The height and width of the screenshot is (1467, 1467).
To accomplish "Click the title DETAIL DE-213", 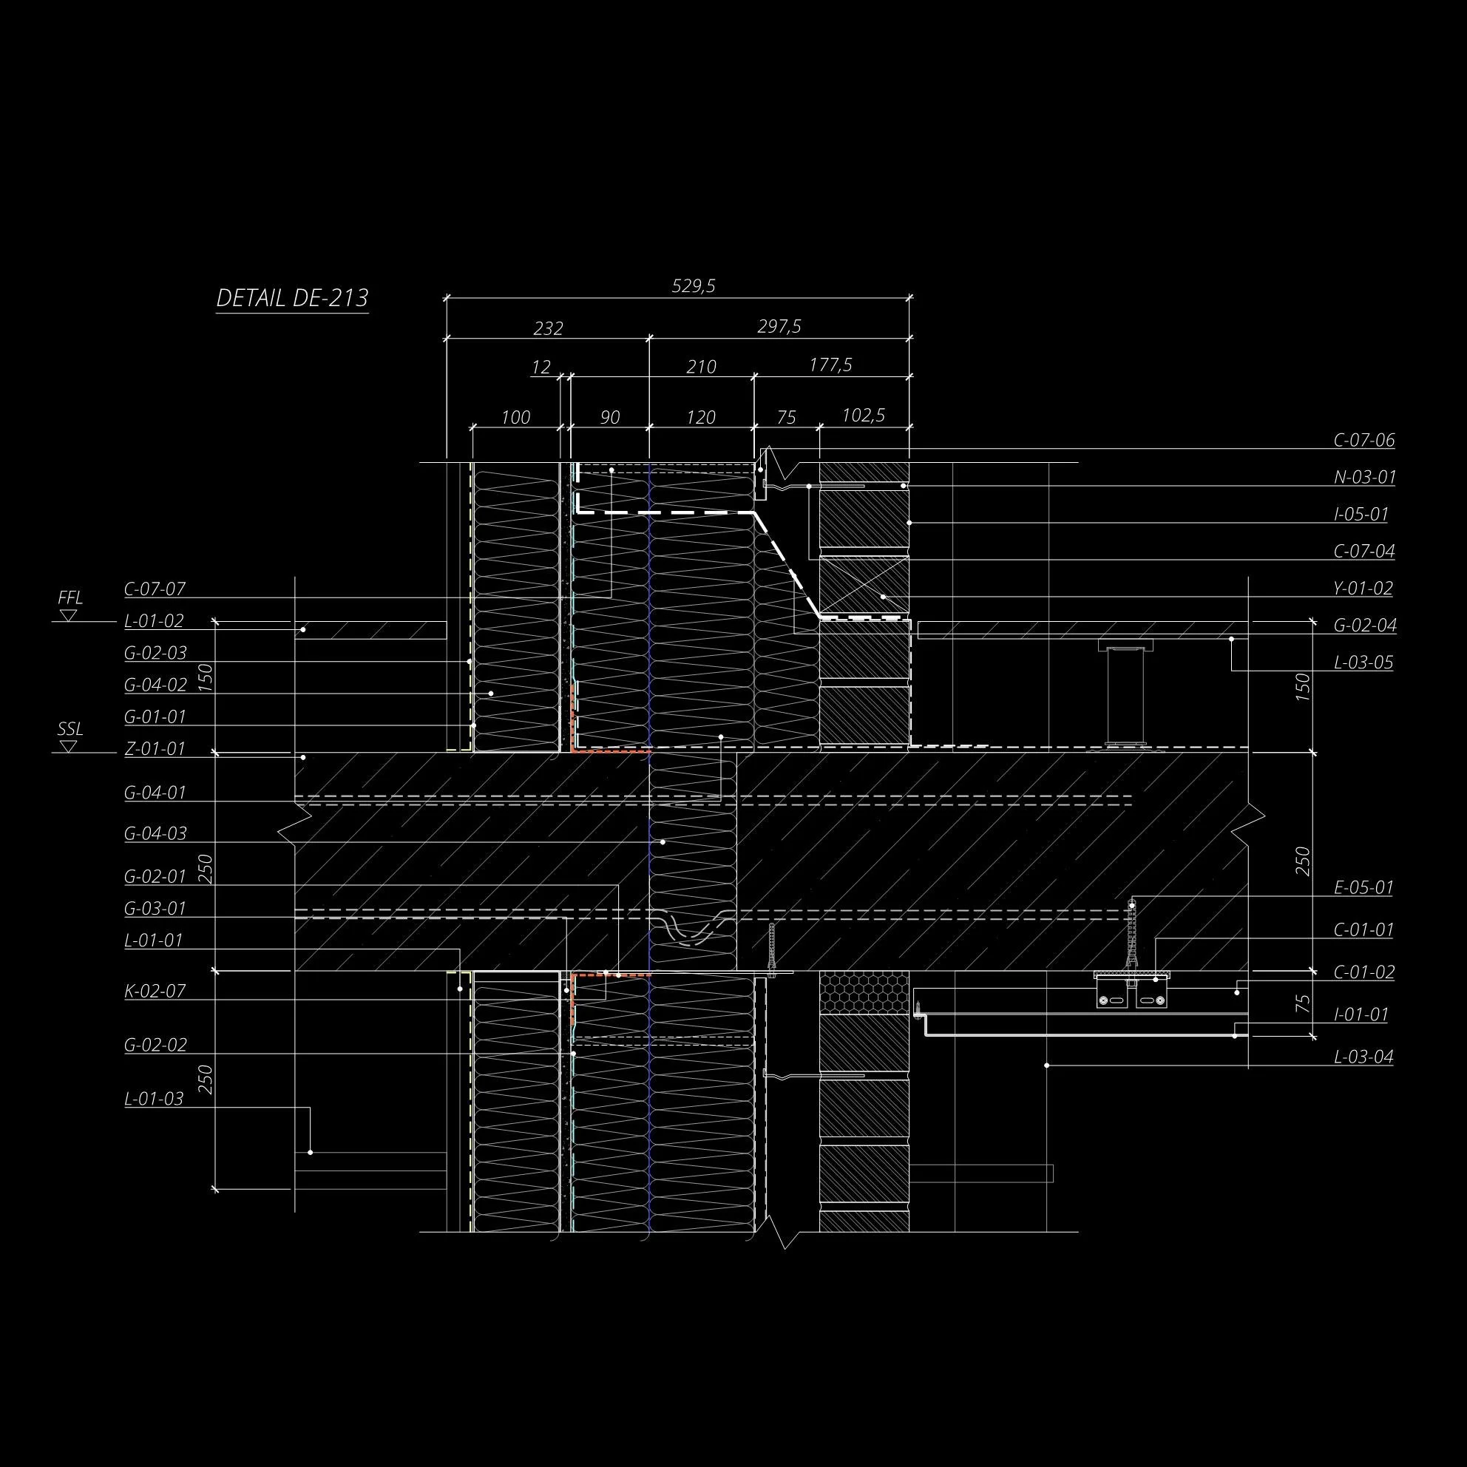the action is coord(292,298).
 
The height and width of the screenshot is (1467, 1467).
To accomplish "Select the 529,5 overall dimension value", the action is coord(694,286).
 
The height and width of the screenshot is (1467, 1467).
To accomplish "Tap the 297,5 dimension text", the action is coord(779,327).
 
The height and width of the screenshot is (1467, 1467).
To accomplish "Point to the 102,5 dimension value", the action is coord(864,416).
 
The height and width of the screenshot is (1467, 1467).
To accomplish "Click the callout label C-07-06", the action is coord(1363,441).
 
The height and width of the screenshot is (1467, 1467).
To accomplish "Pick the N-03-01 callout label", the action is coord(1363,478).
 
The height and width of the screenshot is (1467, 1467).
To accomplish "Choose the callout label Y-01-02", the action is coord(1363,589).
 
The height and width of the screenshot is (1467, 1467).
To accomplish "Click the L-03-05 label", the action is coord(1363,663).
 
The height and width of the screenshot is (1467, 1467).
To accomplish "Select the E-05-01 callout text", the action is coord(1363,887).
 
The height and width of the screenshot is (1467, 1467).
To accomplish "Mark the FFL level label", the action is coord(70,598).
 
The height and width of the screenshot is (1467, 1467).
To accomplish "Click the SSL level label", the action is coord(70,730).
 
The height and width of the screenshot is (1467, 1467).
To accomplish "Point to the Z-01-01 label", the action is coord(155,749).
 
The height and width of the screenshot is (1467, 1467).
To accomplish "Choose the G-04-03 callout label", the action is coord(155,834).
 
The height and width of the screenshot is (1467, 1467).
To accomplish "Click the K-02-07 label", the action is coord(155,991).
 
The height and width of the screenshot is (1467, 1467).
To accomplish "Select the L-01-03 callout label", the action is coord(154,1099).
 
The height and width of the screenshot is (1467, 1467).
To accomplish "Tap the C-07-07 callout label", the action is coord(155,589).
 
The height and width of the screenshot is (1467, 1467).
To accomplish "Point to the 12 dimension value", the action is coord(541,368).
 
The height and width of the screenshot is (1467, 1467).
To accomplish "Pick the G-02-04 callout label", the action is coord(1364,626).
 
